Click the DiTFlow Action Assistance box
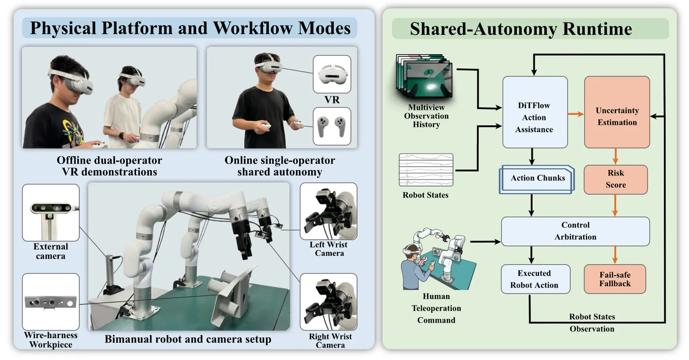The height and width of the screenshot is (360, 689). coord(535,112)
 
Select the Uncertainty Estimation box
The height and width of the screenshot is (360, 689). coord(617,112)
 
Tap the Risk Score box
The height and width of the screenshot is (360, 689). coord(616,180)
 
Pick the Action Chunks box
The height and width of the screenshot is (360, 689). coord(537,180)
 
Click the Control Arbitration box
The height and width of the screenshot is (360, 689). coord(575,231)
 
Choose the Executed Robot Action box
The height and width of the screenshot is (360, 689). coord(536,279)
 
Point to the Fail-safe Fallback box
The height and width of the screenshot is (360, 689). coord(615,279)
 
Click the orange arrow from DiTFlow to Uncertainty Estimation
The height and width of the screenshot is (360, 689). coord(576,114)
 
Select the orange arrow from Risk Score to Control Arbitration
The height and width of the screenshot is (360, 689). coord(615,205)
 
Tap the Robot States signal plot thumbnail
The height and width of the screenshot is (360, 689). coord(426,170)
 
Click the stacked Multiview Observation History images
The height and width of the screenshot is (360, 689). coord(424,76)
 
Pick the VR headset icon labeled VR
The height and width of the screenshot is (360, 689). coord(332,74)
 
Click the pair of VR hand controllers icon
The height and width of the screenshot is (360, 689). coord(332,126)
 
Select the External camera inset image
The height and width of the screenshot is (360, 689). coord(51,213)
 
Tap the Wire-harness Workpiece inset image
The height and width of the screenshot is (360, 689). coord(51,301)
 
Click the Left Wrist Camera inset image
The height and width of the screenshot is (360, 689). coord(329,211)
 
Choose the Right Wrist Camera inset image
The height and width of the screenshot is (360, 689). coord(329,302)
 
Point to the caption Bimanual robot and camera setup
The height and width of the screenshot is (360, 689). coord(188,339)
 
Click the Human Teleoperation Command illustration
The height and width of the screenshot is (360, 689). coord(438,259)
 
